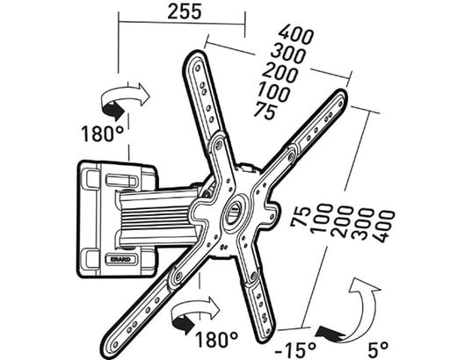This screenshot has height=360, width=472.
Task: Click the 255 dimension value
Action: [x=179, y=12]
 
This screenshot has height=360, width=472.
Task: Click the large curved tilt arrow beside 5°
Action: [x=365, y=307]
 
